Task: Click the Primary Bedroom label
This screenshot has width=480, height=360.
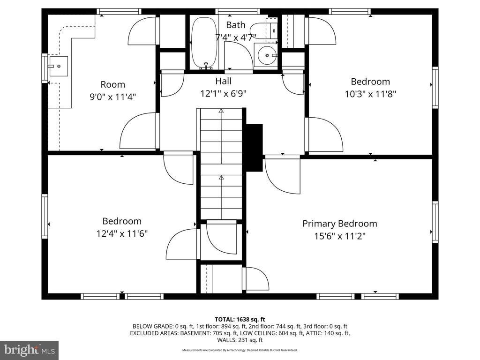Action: [340, 224]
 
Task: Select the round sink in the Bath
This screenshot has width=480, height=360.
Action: [266, 55]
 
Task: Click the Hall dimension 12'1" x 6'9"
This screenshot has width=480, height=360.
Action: [224, 93]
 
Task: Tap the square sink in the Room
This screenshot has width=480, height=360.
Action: [58, 66]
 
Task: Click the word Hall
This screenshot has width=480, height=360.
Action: [224, 81]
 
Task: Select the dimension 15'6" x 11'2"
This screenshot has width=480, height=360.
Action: [340, 236]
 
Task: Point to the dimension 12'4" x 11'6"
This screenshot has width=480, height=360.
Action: [122, 234]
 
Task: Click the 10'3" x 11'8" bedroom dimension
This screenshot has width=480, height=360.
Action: [370, 94]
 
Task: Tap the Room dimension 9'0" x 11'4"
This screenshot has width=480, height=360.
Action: [112, 97]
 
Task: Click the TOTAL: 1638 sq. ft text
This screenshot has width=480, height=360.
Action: [240, 320]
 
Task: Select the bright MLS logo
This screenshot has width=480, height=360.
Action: [30, 350]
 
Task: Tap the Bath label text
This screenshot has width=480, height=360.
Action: [236, 25]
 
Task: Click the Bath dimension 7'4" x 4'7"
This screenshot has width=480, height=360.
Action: [236, 37]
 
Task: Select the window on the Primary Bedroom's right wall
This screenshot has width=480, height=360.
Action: [435, 222]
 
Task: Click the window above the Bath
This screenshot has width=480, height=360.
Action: [238, 12]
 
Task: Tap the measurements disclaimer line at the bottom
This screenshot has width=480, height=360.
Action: [240, 350]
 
